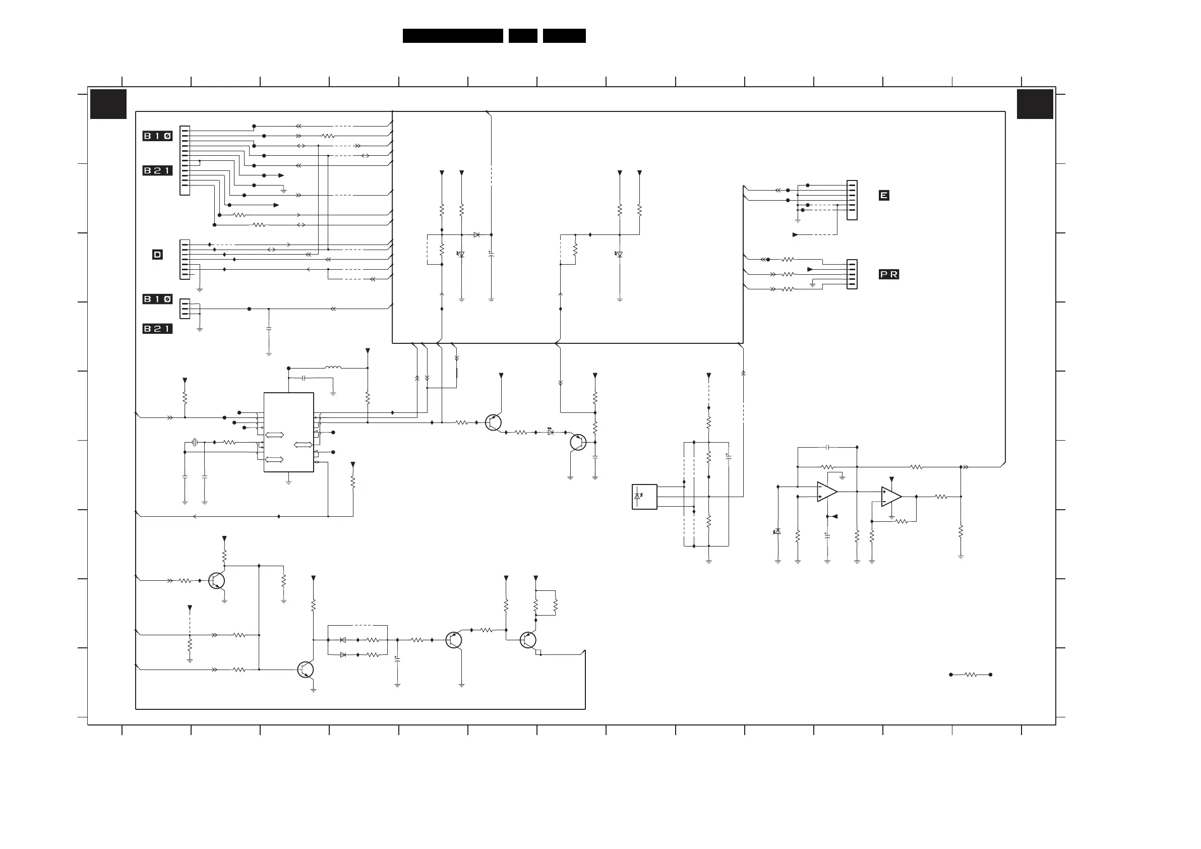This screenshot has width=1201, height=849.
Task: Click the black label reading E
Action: (x=883, y=195)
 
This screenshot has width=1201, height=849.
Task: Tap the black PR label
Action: (x=889, y=274)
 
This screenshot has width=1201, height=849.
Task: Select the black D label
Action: (x=157, y=255)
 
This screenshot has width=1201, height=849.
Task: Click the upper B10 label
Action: (x=157, y=136)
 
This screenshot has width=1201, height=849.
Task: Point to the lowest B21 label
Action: (x=157, y=329)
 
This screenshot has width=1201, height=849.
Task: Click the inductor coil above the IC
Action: (x=333, y=367)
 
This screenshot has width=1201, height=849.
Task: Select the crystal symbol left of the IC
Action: (x=195, y=443)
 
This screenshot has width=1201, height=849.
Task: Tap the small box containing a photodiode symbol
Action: (x=644, y=497)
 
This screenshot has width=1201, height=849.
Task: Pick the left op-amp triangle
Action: (x=827, y=492)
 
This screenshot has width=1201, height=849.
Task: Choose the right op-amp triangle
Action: (x=891, y=497)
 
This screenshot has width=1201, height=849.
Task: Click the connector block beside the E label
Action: (x=852, y=200)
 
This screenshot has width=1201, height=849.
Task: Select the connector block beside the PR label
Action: (x=852, y=274)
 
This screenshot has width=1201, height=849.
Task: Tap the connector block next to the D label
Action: (x=185, y=260)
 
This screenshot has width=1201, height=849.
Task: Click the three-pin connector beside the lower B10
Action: (x=185, y=309)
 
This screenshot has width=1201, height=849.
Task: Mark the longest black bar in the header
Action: (x=453, y=36)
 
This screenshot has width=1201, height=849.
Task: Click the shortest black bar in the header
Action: (x=523, y=36)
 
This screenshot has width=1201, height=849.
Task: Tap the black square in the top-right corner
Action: (x=1035, y=104)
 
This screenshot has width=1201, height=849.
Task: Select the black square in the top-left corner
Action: (x=108, y=104)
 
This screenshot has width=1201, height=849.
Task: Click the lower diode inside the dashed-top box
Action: (x=343, y=655)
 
